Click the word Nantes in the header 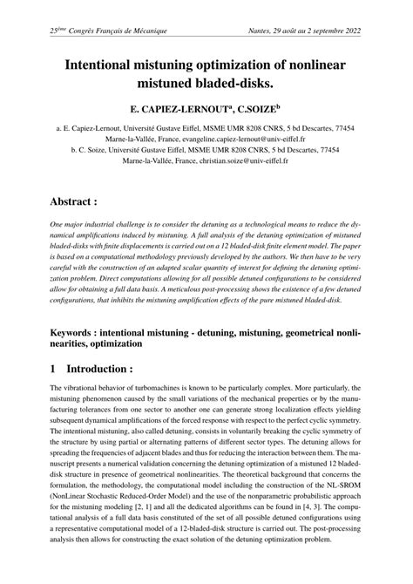[261, 31]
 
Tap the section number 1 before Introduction [54, 368]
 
